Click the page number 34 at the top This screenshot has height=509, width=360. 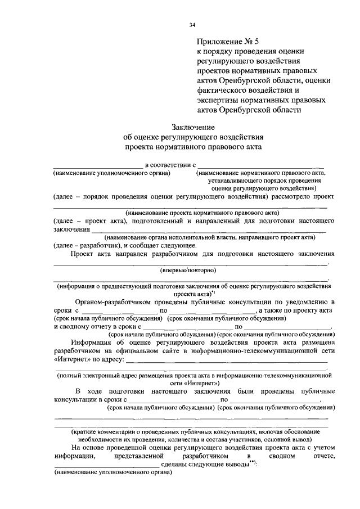pyautogui.click(x=192, y=25)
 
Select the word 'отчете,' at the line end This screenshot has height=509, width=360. pyautogui.click(x=321, y=456)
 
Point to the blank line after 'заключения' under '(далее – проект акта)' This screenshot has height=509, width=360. pyautogui.click(x=208, y=230)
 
